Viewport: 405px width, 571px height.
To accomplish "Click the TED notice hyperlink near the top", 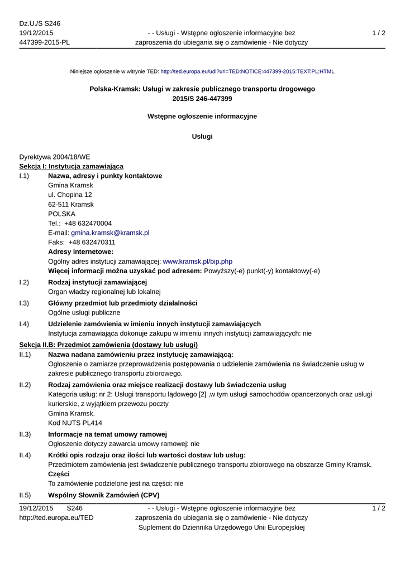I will click(x=247, y=72).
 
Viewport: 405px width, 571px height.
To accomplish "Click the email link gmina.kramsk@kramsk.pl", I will click(x=110, y=233).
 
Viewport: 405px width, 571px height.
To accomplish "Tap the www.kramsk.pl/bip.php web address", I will click(x=197, y=261).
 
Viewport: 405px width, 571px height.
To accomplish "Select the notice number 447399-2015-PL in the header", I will click(x=45, y=42).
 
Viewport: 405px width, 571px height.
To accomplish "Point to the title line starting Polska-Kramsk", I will click(x=202, y=89).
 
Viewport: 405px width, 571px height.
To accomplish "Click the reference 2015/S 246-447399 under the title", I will click(x=202, y=99).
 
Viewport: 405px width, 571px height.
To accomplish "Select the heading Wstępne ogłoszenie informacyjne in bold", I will click(x=202, y=116).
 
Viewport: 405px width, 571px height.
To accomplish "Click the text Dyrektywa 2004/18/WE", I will click(x=55, y=157).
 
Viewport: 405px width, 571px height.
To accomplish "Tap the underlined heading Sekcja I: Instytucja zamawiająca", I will click(x=72, y=166).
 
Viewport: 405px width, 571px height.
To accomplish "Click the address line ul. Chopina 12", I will click(x=70, y=195).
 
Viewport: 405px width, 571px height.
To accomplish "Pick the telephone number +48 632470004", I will click(x=90, y=223).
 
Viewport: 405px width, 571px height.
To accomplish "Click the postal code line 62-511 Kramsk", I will click(x=71, y=204).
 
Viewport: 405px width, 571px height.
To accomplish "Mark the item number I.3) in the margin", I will click(x=24, y=303).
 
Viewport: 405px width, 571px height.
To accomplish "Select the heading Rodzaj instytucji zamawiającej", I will click(x=98, y=282).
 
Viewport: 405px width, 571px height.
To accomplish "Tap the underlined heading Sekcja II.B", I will click(x=108, y=345).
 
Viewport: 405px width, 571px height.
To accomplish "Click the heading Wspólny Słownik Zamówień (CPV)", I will click(x=104, y=495).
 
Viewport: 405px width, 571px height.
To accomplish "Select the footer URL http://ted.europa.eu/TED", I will click(x=56, y=517).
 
